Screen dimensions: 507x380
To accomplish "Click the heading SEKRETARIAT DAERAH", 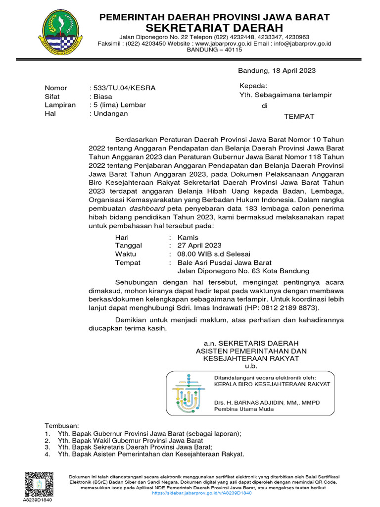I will [215, 27].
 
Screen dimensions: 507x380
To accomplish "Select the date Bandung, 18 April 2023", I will [277, 71].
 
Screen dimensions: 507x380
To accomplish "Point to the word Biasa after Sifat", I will [100, 97].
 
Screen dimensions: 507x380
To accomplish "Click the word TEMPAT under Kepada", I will [299, 117].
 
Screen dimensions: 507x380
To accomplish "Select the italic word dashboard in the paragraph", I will [148, 209].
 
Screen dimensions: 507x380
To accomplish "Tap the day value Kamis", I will [188, 238].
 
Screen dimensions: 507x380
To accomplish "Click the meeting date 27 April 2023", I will [199, 246].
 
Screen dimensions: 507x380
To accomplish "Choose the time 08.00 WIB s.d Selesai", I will [214, 254].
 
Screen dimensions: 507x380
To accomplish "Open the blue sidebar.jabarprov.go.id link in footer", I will [202, 493].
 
